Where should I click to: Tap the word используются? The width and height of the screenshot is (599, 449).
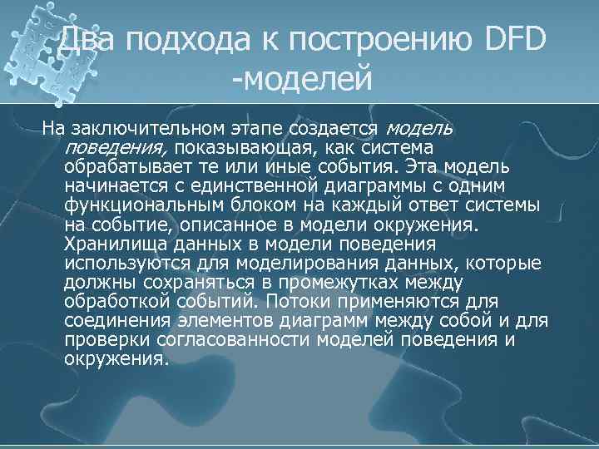pyautogui.click(x=120, y=263)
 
